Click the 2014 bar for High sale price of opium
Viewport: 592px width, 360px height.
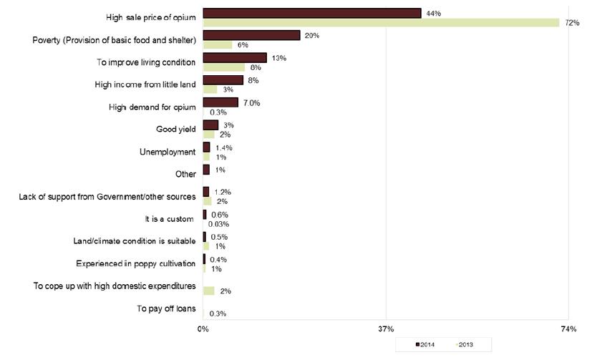click(311, 13)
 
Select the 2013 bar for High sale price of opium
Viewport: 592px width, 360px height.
click(381, 23)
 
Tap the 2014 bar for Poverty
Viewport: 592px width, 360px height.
click(251, 35)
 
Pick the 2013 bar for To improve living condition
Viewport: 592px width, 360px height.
click(224, 67)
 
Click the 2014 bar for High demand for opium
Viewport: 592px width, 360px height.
click(220, 102)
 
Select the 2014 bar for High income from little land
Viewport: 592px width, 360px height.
click(223, 80)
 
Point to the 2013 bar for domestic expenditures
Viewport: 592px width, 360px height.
click(209, 291)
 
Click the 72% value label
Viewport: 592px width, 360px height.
click(571, 23)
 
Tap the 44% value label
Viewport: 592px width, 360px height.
click(433, 13)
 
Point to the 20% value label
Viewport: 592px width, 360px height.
click(311, 35)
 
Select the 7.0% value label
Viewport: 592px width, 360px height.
click(251, 103)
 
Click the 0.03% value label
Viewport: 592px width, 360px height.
click(218, 224)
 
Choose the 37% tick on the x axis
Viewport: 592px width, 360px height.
click(386, 330)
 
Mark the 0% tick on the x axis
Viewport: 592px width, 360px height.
click(203, 330)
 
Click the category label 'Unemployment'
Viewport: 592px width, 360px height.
click(167, 152)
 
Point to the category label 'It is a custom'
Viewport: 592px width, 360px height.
click(169, 219)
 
